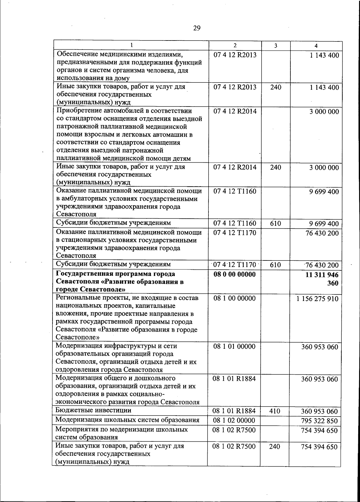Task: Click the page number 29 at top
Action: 197,28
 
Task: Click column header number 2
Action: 235,46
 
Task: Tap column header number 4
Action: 316,46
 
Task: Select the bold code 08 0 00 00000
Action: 234,275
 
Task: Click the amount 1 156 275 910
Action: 317,299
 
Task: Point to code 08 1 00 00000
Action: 234,298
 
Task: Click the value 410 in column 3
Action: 275,411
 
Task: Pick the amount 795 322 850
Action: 319,421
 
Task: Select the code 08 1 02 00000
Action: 234,420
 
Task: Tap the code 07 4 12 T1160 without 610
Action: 235,191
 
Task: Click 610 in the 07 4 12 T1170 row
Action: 275,265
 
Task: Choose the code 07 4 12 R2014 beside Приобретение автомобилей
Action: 235,111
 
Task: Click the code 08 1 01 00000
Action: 234,347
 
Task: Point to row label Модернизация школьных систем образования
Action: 127,420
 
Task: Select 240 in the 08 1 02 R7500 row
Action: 274,446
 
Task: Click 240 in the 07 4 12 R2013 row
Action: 275,87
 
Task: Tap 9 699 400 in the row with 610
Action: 324,224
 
